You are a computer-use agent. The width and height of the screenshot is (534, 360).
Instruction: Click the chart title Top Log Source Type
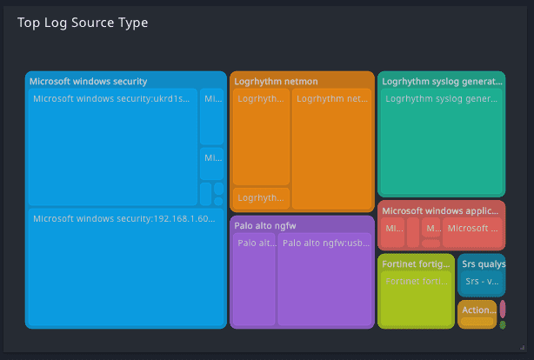point(83,23)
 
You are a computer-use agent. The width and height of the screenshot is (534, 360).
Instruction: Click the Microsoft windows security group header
point(89,81)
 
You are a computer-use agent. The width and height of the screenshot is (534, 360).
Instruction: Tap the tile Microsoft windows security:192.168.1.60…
point(125,267)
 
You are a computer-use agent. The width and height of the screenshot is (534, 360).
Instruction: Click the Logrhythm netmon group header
point(276,81)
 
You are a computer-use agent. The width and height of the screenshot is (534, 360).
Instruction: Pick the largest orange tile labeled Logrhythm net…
point(332,148)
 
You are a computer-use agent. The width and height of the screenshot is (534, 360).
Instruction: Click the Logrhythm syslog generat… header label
point(442,81)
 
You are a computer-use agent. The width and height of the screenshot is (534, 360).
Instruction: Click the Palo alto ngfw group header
point(265,225)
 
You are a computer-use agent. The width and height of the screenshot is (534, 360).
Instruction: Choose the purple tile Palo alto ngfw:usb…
point(324,278)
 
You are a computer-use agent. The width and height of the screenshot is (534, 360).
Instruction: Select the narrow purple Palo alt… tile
point(255,278)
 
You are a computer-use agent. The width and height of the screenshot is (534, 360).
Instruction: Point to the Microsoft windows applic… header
point(441,210)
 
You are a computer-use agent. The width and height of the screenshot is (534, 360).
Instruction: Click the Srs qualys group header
point(483,263)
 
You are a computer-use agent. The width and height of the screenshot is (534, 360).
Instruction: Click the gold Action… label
point(477,310)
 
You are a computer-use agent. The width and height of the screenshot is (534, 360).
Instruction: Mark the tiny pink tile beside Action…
point(503,309)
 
